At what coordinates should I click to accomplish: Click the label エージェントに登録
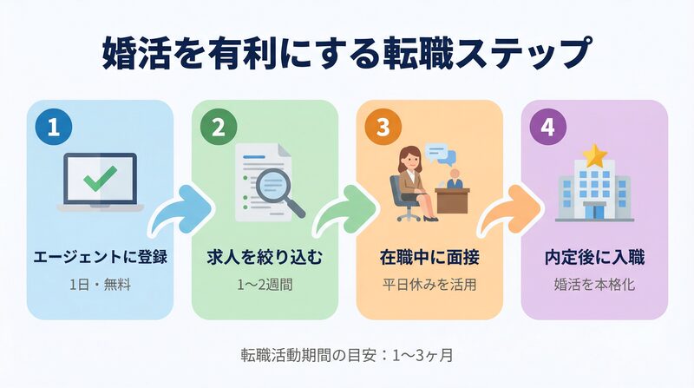[x=100, y=258]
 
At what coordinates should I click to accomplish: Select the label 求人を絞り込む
[x=264, y=258]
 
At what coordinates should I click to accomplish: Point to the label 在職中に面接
[x=429, y=258]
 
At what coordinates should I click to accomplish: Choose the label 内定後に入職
[x=594, y=258]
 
